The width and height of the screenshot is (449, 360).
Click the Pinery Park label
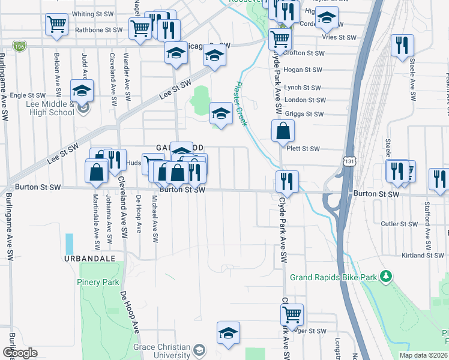click(98, 282)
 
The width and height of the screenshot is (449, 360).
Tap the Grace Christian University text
click(161, 352)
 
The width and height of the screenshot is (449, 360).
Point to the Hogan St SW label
click(304, 70)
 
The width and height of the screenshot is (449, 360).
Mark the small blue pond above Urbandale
click(69, 243)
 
